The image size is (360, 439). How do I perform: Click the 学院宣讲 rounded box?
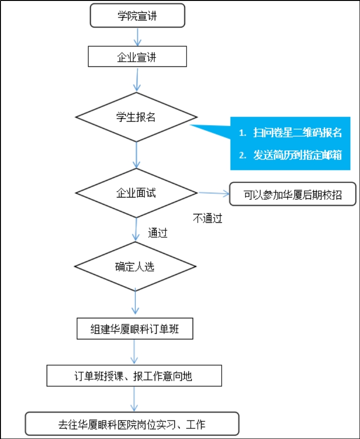(137, 15)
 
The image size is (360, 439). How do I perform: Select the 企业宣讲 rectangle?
(137, 57)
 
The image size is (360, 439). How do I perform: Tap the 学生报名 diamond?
(137, 117)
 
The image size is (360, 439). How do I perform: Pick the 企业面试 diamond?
(137, 193)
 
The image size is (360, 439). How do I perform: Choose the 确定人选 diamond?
(136, 266)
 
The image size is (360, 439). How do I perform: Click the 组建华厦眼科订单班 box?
(135, 329)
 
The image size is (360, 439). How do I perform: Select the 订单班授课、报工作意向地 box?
(134, 376)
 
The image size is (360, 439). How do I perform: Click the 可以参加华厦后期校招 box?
(293, 194)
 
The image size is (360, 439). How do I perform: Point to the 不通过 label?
(208, 218)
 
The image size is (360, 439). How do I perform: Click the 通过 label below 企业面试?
(158, 233)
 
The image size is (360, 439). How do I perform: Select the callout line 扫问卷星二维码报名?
(298, 132)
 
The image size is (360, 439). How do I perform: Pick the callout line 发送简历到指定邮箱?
(298, 155)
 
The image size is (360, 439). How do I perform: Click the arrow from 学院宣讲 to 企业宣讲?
(137, 37)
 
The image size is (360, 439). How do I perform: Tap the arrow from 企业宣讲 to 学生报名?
(137, 80)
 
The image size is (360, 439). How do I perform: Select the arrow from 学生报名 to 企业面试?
(137, 155)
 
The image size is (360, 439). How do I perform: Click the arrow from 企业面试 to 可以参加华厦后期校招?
(214, 193)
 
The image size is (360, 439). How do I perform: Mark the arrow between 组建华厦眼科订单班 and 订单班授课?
(135, 352)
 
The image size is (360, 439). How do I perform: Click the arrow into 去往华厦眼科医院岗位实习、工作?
(134, 399)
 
